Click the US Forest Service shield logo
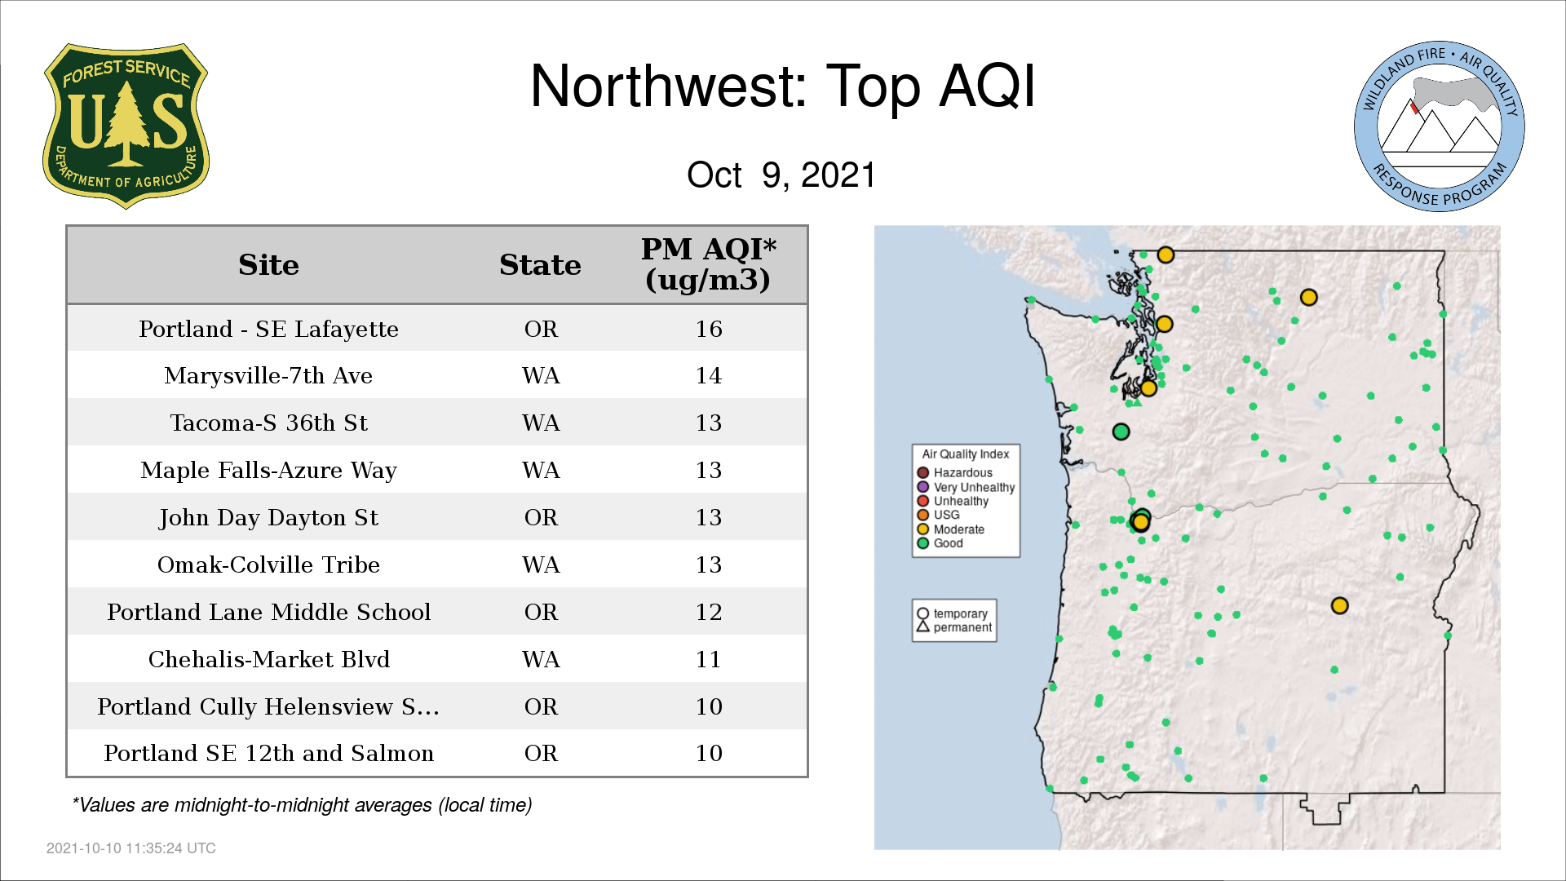pyautogui.click(x=126, y=126)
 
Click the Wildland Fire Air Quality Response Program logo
pyautogui.click(x=1440, y=126)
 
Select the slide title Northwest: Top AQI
pyautogui.click(x=783, y=86)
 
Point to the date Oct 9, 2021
pyautogui.click(x=781, y=175)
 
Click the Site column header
pyautogui.click(x=268, y=265)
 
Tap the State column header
pyautogui.click(x=540, y=265)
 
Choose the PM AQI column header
pyautogui.click(x=708, y=264)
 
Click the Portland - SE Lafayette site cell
pyautogui.click(x=268, y=329)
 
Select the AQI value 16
pyautogui.click(x=709, y=329)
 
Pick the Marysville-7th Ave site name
pyautogui.click(x=268, y=375)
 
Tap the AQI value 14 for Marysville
pyautogui.click(x=709, y=375)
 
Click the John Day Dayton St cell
pyautogui.click(x=268, y=518)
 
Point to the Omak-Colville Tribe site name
pyautogui.click(x=268, y=564)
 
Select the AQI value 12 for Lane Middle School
pyautogui.click(x=709, y=612)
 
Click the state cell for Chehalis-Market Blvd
pyautogui.click(x=541, y=659)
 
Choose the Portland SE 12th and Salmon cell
pyautogui.click(x=268, y=753)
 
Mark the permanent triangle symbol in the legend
pyautogui.click(x=923, y=626)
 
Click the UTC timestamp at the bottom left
pyautogui.click(x=131, y=848)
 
